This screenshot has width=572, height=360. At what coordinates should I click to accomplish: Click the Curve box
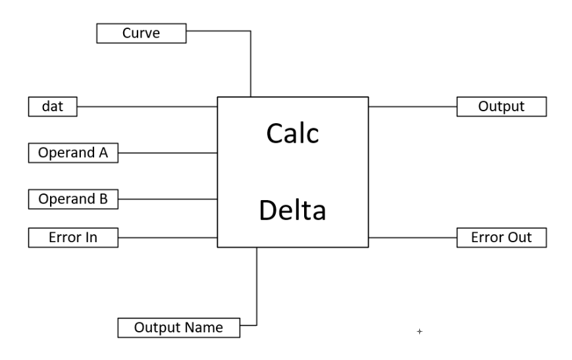click(141, 33)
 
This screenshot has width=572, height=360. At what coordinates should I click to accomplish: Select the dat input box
click(53, 106)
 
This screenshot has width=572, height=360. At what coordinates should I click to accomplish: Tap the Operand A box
click(73, 153)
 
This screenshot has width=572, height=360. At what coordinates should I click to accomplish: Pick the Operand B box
click(73, 199)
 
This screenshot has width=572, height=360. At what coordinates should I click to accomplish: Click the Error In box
click(73, 238)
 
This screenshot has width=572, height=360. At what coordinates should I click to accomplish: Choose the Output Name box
click(178, 327)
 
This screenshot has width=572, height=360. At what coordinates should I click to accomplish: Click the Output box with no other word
click(502, 106)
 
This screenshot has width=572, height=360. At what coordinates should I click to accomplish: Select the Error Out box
click(502, 238)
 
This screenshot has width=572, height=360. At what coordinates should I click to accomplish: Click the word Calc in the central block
click(292, 134)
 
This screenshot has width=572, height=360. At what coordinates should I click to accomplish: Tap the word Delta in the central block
click(292, 211)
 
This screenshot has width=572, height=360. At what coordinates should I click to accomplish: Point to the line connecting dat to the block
click(147, 106)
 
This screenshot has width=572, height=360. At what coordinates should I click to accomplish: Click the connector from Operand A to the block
click(168, 153)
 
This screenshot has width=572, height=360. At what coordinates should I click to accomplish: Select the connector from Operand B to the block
click(168, 199)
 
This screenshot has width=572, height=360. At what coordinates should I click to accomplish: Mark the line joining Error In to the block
click(168, 238)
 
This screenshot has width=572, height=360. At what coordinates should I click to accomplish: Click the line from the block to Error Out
click(413, 238)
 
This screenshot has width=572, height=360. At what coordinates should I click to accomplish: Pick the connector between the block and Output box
click(413, 106)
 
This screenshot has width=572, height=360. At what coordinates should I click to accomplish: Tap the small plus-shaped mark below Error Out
click(419, 332)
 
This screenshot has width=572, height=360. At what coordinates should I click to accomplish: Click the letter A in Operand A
click(103, 153)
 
